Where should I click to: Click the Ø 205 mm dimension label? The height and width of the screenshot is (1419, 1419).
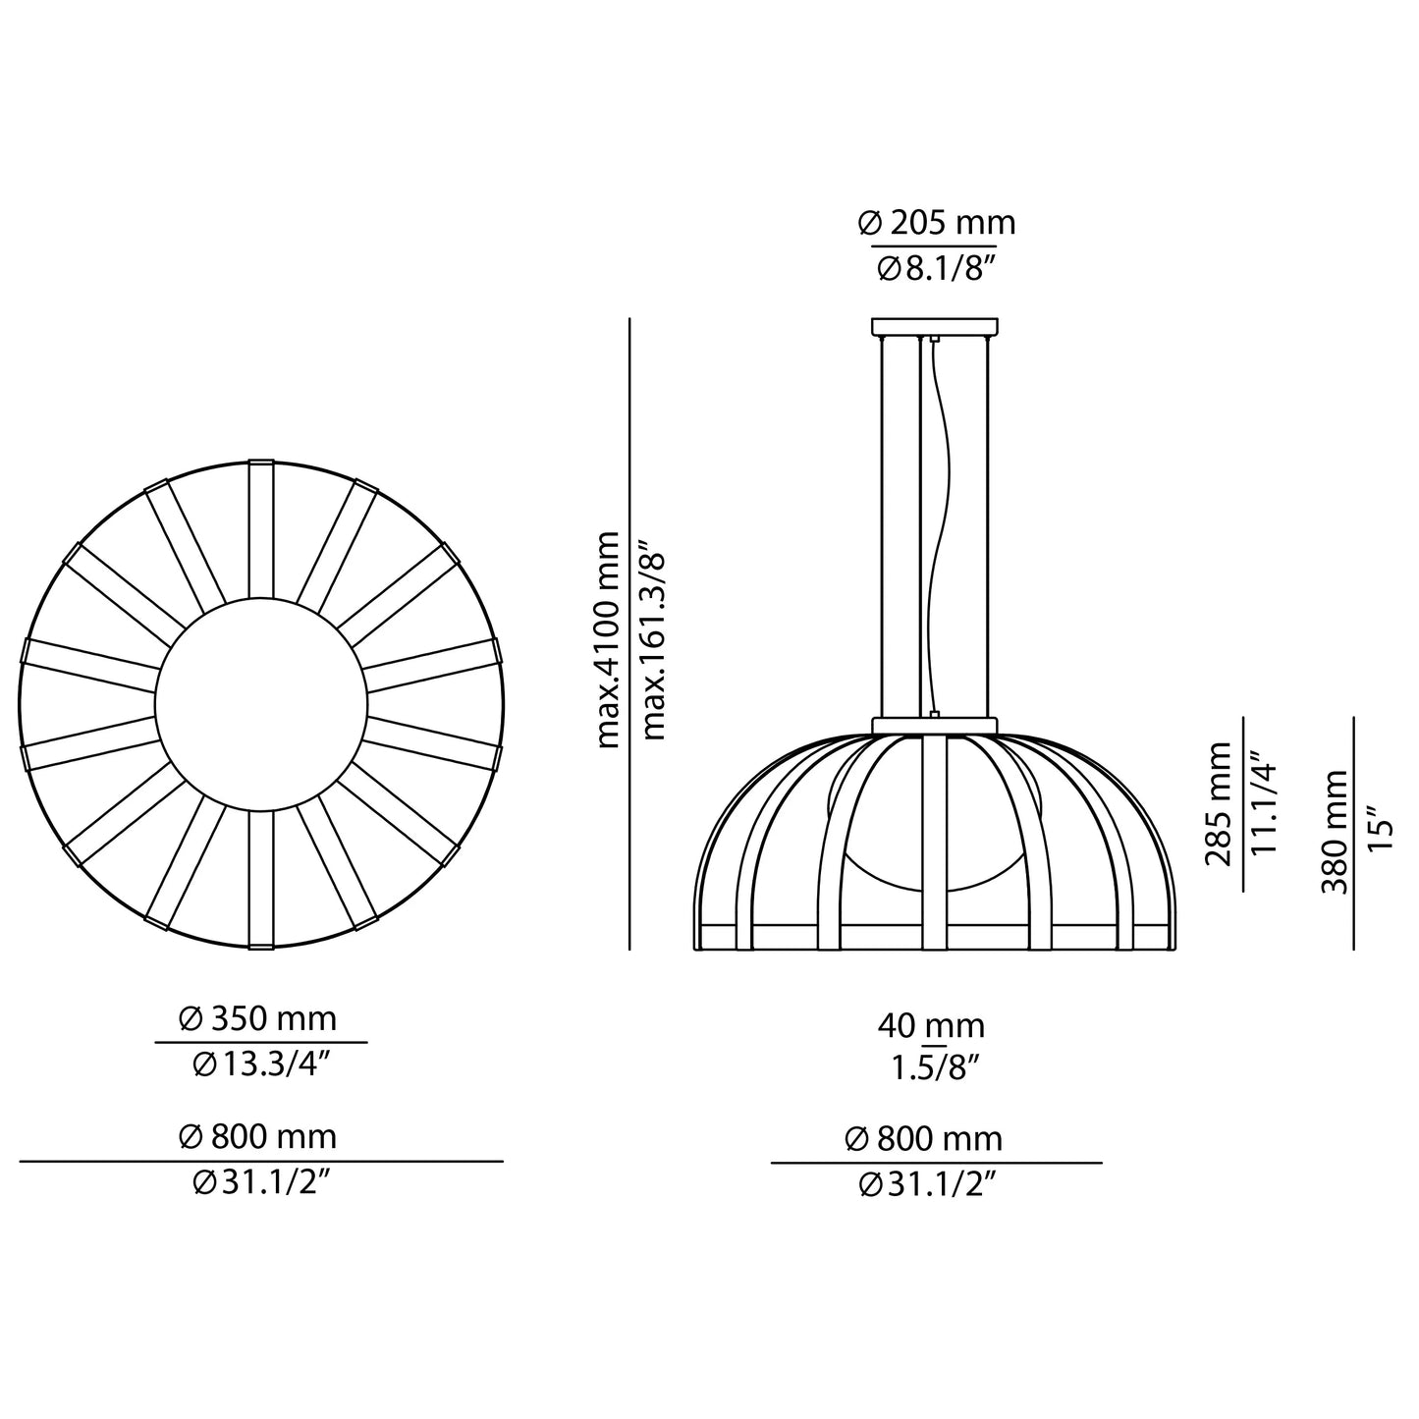pyautogui.click(x=936, y=224)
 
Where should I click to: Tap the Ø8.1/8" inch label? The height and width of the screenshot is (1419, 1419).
pyautogui.click(x=936, y=268)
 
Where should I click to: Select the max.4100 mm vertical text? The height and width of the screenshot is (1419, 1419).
pyautogui.click(x=609, y=639)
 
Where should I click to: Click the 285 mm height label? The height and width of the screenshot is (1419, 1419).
pyautogui.click(x=1219, y=804)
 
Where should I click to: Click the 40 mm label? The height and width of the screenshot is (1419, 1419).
pyautogui.click(x=931, y=1026)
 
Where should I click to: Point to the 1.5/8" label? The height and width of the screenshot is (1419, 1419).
pyautogui.click(x=931, y=1067)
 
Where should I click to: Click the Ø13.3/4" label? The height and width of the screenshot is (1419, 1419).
pyautogui.click(x=259, y=1064)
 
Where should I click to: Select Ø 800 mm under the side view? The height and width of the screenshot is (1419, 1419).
pyautogui.click(x=924, y=1139)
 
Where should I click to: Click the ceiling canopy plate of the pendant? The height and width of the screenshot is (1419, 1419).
pyautogui.click(x=934, y=326)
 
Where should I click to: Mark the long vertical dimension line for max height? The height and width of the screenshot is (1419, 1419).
pyautogui.click(x=629, y=633)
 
